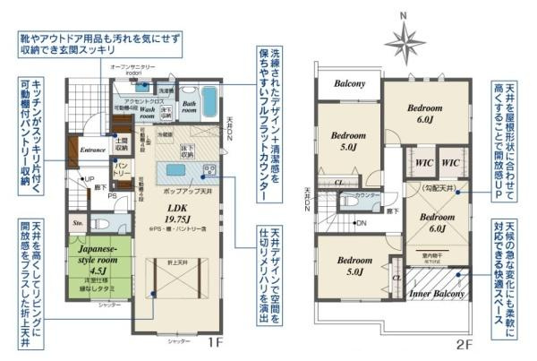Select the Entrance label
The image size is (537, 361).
[92, 150]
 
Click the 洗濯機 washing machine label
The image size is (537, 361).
[166, 92]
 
